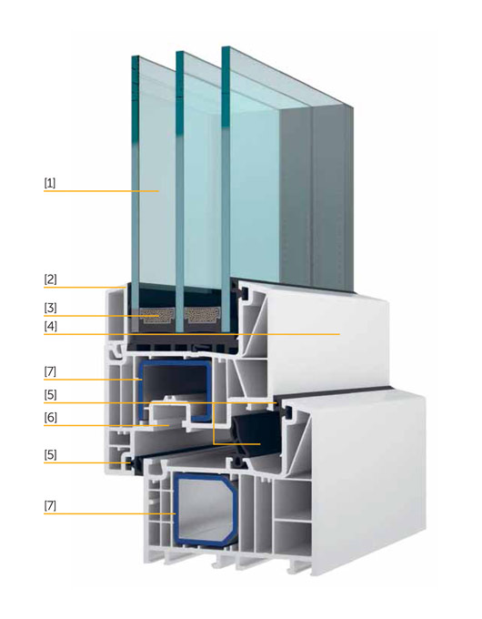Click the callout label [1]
50,183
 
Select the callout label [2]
50,279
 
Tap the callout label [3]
50,308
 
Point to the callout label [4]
50,327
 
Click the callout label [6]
50,418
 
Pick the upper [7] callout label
50,371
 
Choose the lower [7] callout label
50,506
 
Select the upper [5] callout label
50,395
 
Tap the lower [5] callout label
50,455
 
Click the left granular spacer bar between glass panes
157,315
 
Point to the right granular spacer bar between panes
202,315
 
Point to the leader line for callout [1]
101,191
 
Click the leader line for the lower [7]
110,513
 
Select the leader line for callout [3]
101,316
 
